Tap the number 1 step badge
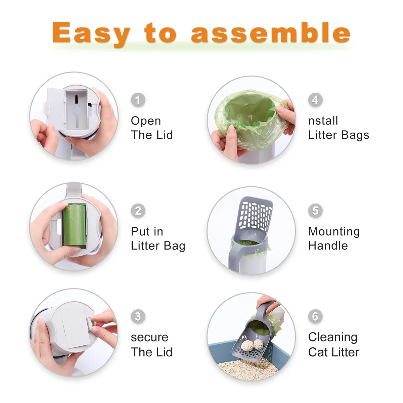point(138,100)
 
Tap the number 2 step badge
point(138,211)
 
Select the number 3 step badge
point(138,316)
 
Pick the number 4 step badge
point(315,100)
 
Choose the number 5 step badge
point(315,211)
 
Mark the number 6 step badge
point(315,316)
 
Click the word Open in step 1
point(146,121)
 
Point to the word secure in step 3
point(149,337)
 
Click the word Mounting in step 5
point(334,232)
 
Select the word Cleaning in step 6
point(332,337)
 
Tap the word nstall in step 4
point(323,121)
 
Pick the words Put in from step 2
point(147,232)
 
